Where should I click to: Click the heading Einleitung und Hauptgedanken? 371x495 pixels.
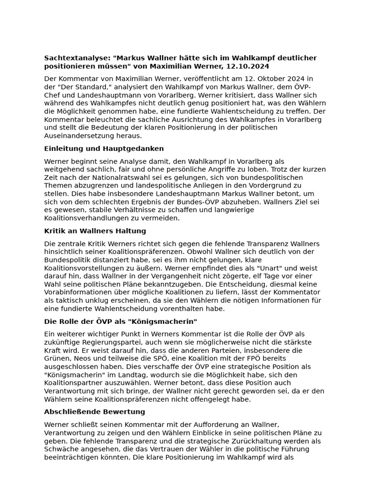pyautogui.click(x=104, y=148)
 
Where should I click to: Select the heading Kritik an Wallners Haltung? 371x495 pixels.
pyautogui.click(x=95, y=231)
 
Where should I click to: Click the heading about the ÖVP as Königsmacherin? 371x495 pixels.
pyautogui.click(x=120, y=321)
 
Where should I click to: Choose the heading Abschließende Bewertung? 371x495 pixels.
pyautogui.click(x=94, y=412)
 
